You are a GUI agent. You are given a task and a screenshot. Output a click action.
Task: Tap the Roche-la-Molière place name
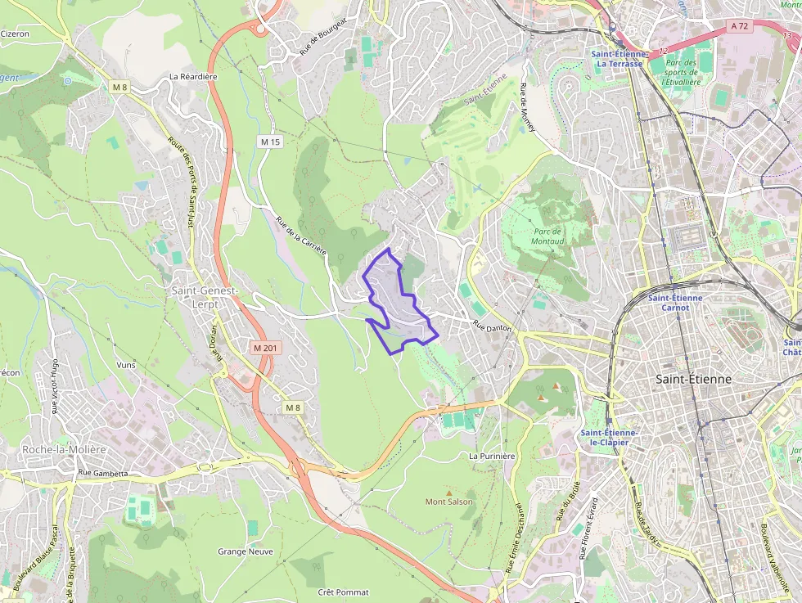coord(64,449)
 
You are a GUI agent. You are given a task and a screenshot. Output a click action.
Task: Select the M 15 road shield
coord(270,142)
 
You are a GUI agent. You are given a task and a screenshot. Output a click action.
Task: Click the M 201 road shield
coord(266,348)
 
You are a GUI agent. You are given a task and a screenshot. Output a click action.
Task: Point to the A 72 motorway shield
coord(739,26)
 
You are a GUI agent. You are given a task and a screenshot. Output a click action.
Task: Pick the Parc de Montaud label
coord(547,236)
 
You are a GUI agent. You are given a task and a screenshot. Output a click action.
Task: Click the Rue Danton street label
coord(492,326)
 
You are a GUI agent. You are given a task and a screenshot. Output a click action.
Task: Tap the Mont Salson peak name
coord(448,502)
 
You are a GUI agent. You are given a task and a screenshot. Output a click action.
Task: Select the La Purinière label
coord(492,455)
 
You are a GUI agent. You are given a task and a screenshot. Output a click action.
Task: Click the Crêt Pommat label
coord(343,592)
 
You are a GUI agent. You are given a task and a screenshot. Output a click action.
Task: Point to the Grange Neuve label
coord(245,551)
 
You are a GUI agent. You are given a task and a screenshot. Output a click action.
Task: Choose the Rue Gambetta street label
coord(103,473)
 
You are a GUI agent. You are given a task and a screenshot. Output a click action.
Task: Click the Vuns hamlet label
coord(126,365)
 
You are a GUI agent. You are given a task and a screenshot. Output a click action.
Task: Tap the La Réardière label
coord(193,76)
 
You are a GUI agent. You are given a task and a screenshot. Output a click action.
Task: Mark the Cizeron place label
coord(15,34)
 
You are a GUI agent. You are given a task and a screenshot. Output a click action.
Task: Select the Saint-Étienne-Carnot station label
coord(675,303)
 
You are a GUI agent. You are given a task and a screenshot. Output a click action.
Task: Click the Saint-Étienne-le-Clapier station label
coord(609,437)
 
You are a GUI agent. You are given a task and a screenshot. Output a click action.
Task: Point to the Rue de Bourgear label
coord(323,36)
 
